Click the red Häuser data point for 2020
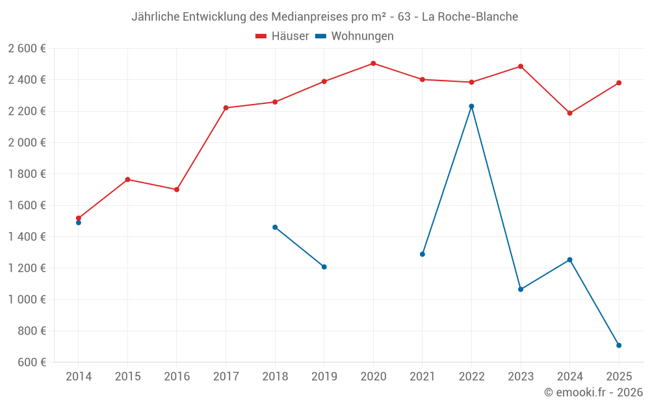[373, 64]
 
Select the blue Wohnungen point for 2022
[471, 107]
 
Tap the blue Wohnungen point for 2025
[619, 346]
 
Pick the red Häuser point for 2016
[177, 190]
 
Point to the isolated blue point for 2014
[79, 223]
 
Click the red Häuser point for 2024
[569, 113]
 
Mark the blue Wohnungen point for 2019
[324, 267]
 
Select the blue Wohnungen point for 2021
[422, 254]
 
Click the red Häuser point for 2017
[226, 108]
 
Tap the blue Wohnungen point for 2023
[521, 289]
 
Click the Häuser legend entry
[282, 36]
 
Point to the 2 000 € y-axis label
[27, 142]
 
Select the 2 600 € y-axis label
[27, 49]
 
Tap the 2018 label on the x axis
[275, 377]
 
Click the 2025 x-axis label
[619, 377]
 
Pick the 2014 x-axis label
[79, 377]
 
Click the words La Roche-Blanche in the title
[470, 17]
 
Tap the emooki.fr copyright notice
[593, 392]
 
